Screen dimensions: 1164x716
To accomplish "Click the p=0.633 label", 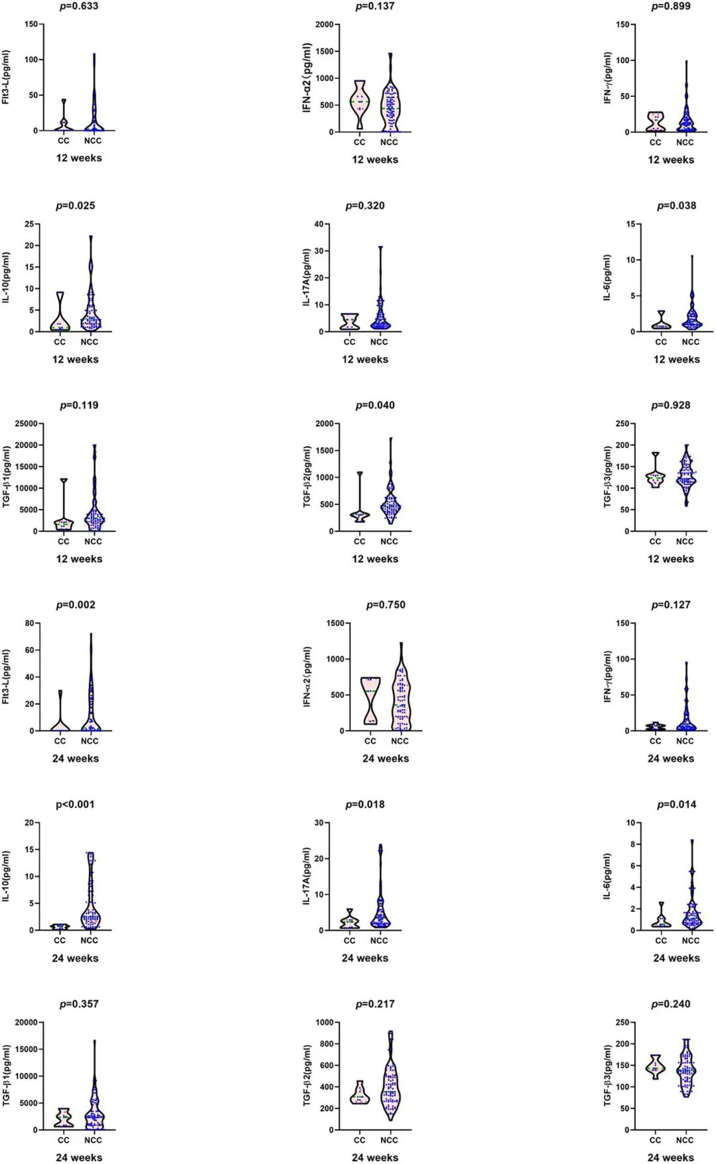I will (x=79, y=6).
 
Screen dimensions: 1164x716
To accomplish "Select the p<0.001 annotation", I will (x=75, y=804).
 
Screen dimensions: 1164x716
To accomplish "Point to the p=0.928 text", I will (x=670, y=405).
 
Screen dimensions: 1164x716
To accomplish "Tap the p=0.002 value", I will (x=76, y=605).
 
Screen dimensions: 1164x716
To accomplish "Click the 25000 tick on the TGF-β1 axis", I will (x=26, y=424).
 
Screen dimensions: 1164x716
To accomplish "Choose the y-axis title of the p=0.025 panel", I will (x=6, y=278).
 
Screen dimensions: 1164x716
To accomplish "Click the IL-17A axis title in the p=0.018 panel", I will (x=307, y=876).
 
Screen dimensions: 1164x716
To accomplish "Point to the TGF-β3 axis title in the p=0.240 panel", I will (x=607, y=1075).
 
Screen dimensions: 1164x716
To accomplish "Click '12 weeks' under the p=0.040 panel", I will (x=375, y=559).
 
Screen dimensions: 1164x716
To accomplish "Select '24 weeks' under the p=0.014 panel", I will (x=676, y=958).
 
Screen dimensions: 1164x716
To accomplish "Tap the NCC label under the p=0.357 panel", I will (x=93, y=1140).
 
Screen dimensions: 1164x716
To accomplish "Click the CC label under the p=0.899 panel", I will (x=655, y=142).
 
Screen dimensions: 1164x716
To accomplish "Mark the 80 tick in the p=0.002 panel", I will (x=30, y=623).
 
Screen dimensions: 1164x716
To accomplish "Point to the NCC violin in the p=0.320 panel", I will (x=380, y=312).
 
